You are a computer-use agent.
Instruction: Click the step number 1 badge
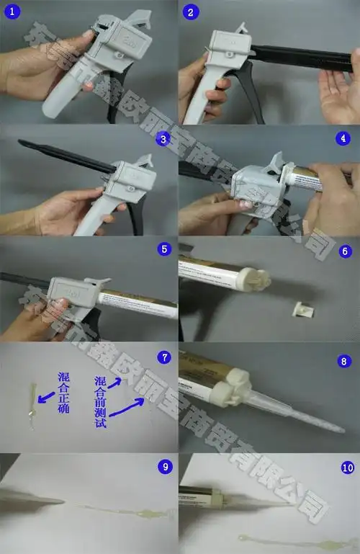tap(12, 12)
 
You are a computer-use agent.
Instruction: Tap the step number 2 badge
tap(190, 12)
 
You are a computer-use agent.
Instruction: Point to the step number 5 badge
tap(165, 249)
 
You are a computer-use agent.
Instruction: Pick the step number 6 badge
tap(343, 251)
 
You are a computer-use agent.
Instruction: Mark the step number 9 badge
tap(165, 467)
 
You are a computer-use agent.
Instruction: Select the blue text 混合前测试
tap(99, 403)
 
